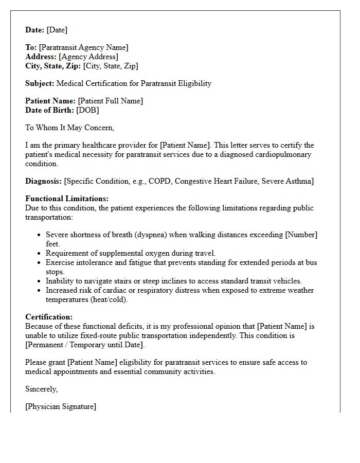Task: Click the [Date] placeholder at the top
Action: (57, 30)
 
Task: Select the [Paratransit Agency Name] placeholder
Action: (84, 47)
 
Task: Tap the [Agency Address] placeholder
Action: (88, 57)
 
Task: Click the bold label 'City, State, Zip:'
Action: (53, 66)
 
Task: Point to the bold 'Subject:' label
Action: (40, 83)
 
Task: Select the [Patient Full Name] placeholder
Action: (110, 101)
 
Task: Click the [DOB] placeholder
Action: (87, 110)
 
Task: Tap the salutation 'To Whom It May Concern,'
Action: (69, 128)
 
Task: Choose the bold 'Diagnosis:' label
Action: (43, 181)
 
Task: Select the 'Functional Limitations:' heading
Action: (67, 199)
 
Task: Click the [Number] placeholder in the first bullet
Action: (301, 235)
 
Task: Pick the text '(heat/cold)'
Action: (109, 299)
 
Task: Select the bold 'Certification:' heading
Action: (49, 317)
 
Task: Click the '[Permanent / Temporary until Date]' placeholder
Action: (85, 345)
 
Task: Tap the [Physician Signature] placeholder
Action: (61, 406)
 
